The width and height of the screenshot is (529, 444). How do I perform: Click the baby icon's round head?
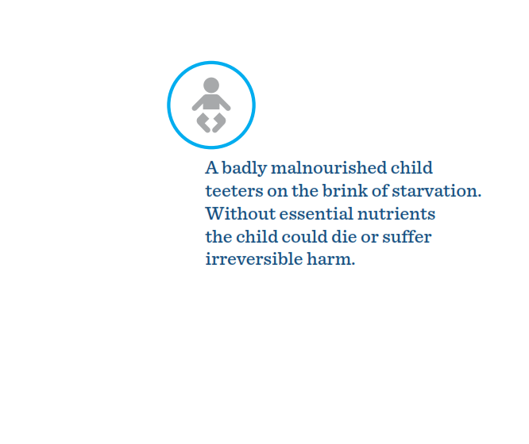[211, 85]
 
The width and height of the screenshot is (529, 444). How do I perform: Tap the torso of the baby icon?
[211, 102]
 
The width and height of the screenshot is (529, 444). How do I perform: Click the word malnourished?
[329, 168]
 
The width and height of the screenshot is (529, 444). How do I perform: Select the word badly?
[245, 168]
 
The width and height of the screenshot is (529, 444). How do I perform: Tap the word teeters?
[234, 191]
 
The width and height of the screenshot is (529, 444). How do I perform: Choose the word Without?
[240, 213]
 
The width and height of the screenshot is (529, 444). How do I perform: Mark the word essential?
[316, 213]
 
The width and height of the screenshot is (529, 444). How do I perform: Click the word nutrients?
[396, 214]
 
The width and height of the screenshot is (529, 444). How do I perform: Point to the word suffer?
[407, 236]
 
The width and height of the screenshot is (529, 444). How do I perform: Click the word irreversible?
[254, 259]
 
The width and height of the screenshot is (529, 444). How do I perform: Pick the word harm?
[331, 259]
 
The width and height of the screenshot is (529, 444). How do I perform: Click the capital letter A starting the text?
[211, 168]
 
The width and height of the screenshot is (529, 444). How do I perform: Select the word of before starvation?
[380, 190]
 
